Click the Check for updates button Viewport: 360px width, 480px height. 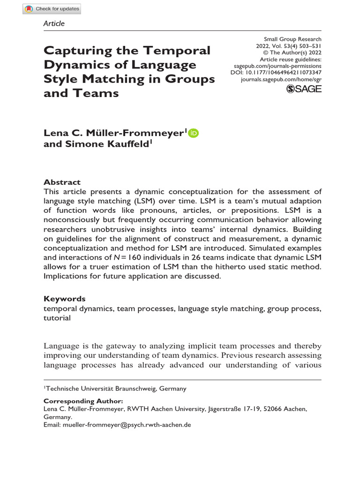coord(52,8)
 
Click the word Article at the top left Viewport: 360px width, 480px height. coord(54,23)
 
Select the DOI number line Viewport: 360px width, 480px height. coord(276,73)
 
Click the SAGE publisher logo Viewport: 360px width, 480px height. coord(304,89)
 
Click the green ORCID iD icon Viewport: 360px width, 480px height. coord(194,133)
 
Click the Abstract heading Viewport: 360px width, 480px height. coord(62,182)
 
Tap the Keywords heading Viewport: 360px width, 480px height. coord(64,299)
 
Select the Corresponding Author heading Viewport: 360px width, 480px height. coord(83,401)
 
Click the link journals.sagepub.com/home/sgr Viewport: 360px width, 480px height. coord(281,80)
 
